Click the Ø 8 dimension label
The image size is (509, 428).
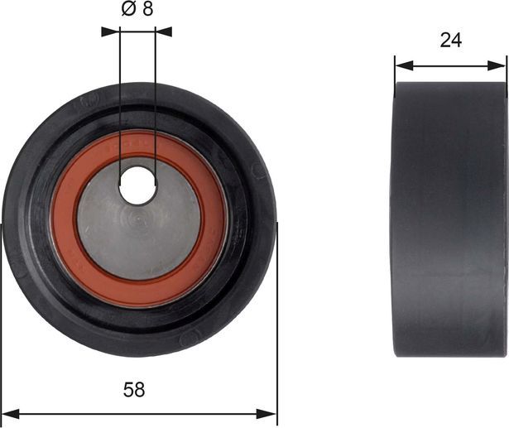click(x=137, y=11)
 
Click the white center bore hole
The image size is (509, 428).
click(x=137, y=185)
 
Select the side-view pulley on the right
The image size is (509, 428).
click(x=449, y=219)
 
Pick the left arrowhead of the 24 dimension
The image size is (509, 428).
click(x=401, y=65)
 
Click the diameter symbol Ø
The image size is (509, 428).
click(x=127, y=11)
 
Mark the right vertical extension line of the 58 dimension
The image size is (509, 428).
click(x=277, y=331)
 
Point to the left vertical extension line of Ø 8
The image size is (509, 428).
click(x=120, y=99)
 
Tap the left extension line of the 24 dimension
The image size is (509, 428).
click(x=395, y=70)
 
